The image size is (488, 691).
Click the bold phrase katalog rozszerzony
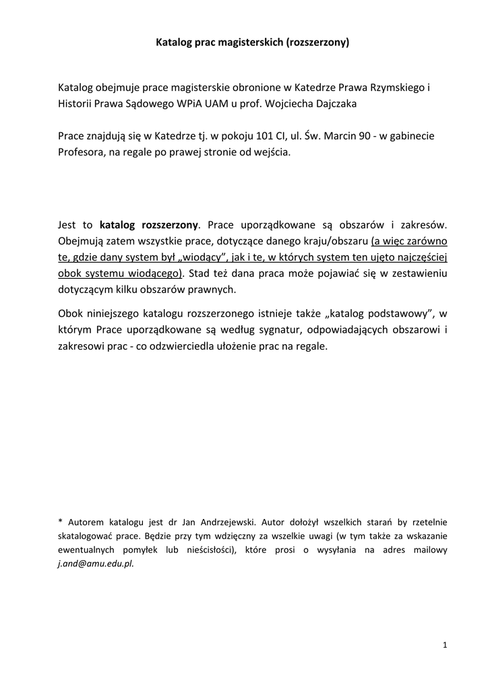[149, 225]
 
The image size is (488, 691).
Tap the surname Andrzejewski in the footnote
[223, 522]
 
